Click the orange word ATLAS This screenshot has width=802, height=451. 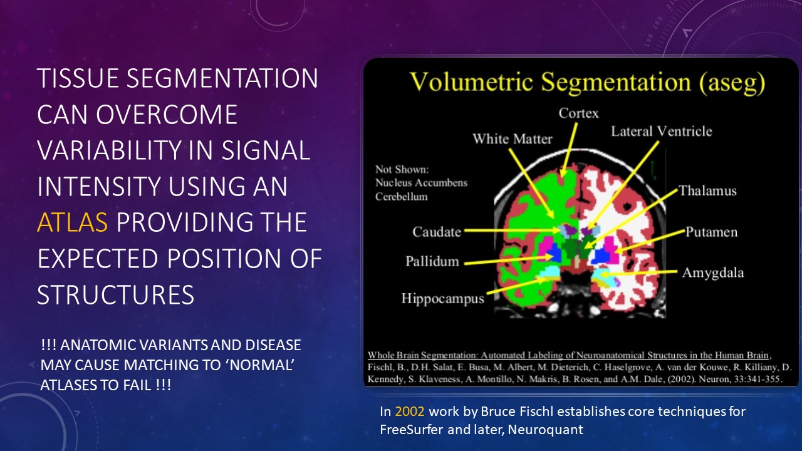tap(72, 222)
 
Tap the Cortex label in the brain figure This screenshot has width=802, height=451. tap(578, 113)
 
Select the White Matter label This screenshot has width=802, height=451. tap(513, 138)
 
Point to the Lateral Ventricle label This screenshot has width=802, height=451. tap(661, 132)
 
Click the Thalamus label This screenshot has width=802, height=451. tap(708, 190)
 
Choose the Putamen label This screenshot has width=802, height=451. tap(711, 232)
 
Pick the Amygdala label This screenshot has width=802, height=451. tap(713, 273)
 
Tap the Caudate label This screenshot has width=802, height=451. tap(437, 232)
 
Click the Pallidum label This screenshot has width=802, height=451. tap(432, 261)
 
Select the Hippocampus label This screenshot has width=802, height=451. tap(442, 299)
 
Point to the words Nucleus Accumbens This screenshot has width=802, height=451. tap(422, 183)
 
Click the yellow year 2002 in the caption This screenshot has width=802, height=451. tap(410, 412)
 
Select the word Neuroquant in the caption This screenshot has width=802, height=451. tap(546, 429)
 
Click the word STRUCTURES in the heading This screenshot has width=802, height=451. tap(116, 294)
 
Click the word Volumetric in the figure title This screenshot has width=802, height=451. tap(472, 82)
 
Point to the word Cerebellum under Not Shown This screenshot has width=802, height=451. tap(402, 197)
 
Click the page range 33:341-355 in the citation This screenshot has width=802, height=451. tap(756, 379)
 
